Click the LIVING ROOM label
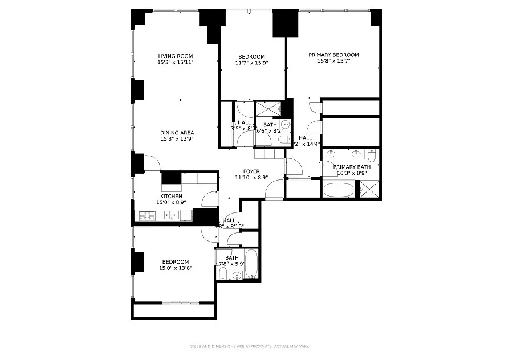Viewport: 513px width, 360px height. coord(176,56)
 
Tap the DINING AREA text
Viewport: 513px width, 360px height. coord(177,133)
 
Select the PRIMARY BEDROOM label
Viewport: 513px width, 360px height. coord(333,55)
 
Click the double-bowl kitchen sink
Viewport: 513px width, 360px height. coord(171,215)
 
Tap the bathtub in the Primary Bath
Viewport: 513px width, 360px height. coord(339,189)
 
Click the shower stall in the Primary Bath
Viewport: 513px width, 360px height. coord(369,189)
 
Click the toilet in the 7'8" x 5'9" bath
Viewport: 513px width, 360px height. coord(223,276)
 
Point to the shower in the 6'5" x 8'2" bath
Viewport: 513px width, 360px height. coord(266,108)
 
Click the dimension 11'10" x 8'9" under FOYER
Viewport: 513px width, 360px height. coord(251,177)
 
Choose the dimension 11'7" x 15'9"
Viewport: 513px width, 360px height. coord(251,63)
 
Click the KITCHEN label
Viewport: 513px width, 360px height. coord(171,196)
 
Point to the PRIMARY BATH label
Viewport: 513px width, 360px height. coord(352,167)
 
